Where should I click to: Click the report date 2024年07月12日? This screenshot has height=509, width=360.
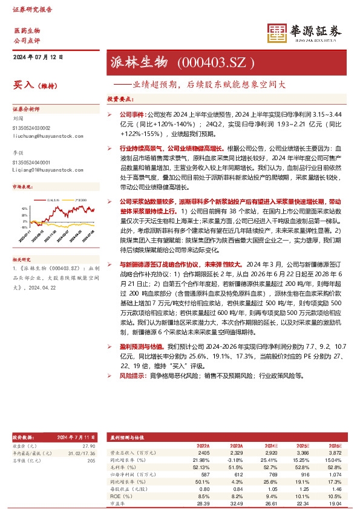38,57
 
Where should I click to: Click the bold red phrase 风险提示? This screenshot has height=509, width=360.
131,375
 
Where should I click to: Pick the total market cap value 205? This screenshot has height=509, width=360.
91,461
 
